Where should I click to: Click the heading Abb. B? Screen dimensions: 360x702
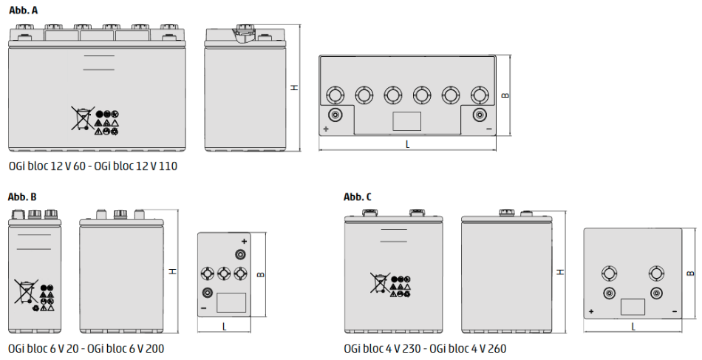click(x=22, y=197)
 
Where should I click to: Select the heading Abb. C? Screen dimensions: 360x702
click(x=358, y=197)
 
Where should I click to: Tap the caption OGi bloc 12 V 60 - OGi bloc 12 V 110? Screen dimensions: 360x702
click(x=93, y=166)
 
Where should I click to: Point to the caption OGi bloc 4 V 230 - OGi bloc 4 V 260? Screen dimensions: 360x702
click(x=425, y=347)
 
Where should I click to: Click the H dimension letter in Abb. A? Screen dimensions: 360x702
click(x=294, y=88)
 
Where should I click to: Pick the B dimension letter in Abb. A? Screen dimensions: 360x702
click(x=505, y=95)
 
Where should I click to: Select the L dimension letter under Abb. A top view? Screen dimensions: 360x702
click(x=407, y=144)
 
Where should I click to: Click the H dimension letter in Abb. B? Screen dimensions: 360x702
click(x=173, y=271)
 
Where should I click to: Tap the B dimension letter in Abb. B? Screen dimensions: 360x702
click(x=259, y=274)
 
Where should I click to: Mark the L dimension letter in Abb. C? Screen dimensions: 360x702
click(x=633, y=325)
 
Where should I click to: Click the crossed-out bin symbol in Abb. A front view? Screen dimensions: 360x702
click(x=82, y=119)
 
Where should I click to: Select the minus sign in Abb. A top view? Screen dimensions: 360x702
click(x=489, y=130)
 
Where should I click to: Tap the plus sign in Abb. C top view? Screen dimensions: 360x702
click(x=591, y=311)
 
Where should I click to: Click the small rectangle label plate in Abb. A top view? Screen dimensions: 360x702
click(x=406, y=121)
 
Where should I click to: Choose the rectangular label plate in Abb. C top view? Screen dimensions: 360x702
click(x=633, y=306)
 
